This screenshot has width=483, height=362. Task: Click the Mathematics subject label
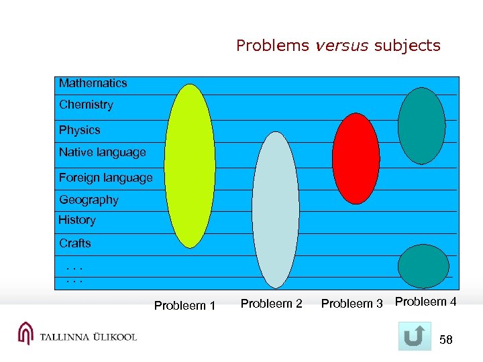coord(93,83)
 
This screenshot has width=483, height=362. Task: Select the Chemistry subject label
coord(86,105)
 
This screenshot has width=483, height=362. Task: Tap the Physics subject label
coord(79,130)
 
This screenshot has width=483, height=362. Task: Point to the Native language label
coord(102,152)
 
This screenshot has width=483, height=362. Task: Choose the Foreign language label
coord(105,178)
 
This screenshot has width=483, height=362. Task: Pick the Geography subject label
coord(89,200)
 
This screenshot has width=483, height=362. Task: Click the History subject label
coord(77,220)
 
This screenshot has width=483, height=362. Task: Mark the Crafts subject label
coord(74,243)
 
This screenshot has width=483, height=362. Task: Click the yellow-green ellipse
coord(191,166)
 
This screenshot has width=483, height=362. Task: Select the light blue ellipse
coord(275,210)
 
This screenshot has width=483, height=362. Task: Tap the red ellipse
coord(356,158)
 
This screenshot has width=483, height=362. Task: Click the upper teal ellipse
coord(421,125)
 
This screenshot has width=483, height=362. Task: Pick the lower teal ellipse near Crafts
coord(423,266)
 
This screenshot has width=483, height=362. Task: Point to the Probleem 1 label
coord(184,306)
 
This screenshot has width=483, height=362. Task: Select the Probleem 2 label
coord(271,304)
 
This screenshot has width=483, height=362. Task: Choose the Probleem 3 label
coord(352,304)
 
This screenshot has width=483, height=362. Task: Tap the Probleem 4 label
coord(425,302)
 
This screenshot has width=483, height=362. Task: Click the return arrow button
coord(415,337)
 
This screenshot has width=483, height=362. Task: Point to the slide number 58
coord(446,341)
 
